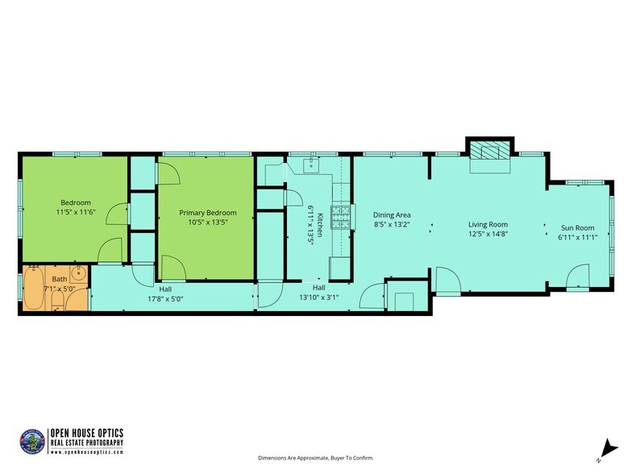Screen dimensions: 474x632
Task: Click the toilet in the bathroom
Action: [x=56, y=302]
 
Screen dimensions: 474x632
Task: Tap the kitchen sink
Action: [x=311, y=165]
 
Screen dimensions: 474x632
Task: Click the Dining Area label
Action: [x=392, y=215]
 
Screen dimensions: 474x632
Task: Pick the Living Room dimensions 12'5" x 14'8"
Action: [x=489, y=234]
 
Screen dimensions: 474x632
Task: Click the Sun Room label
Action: [x=577, y=228]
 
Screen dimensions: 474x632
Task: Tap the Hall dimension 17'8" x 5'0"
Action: [x=164, y=297]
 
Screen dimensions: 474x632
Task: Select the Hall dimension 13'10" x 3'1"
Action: [x=318, y=296]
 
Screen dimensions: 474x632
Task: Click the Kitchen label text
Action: [x=319, y=222]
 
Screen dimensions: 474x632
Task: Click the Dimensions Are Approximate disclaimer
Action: [x=315, y=458]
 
